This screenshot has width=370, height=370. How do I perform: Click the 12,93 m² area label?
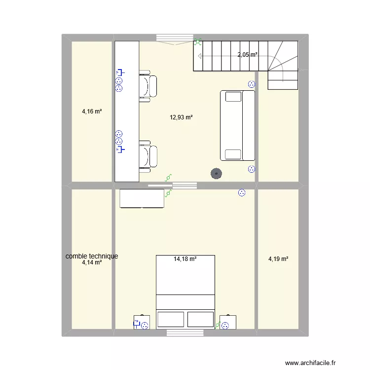click(181, 117)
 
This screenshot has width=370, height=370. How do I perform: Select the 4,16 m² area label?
click(92, 111)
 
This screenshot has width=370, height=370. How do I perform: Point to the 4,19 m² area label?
click(278, 259)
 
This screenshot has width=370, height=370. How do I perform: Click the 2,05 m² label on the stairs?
click(248, 55)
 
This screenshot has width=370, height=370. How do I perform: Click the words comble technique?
click(92, 256)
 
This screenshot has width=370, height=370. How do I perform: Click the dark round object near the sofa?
click(216, 173)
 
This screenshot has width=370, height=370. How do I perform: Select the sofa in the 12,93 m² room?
click(237, 125)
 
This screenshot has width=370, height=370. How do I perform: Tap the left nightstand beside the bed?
click(142, 322)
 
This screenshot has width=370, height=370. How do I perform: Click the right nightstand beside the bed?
click(228, 322)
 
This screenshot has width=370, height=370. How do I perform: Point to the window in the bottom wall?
click(185, 333)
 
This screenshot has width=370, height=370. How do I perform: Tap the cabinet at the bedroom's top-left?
click(142, 198)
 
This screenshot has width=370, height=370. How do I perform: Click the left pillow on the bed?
click(171, 319)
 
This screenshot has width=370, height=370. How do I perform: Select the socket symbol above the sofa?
click(251, 84)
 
